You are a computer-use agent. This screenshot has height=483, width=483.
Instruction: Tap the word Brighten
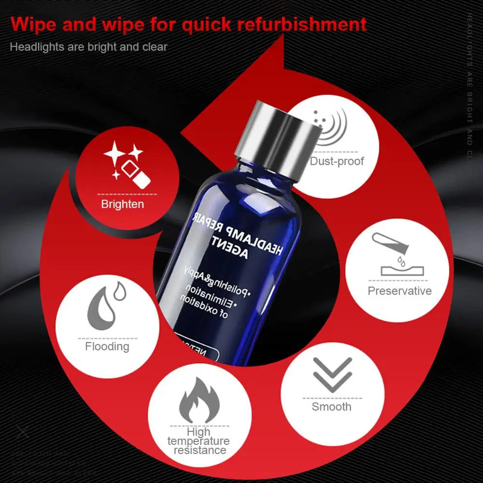pyautogui.click(x=122, y=204)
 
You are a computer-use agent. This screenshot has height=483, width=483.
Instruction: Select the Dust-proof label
pyautogui.click(x=337, y=161)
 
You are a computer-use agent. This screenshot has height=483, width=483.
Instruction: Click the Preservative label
pyautogui.click(x=399, y=291)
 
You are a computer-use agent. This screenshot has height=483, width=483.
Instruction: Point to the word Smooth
pyautogui.click(x=331, y=406)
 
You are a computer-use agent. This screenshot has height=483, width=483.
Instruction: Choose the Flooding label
pyautogui.click(x=107, y=346)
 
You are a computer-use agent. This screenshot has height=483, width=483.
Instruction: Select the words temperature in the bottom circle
pyautogui.click(x=199, y=441)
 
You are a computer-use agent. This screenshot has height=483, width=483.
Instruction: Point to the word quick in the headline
pyautogui.click(x=203, y=24)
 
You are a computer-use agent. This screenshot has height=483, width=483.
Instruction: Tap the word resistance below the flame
pyautogui.click(x=199, y=450)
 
